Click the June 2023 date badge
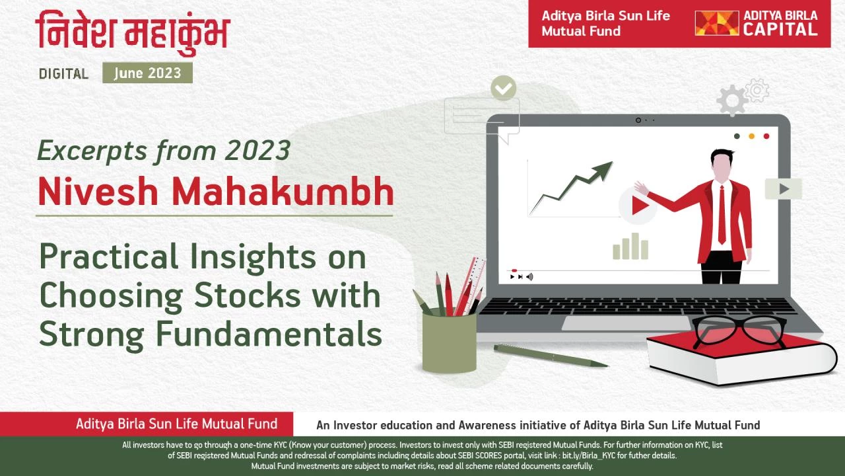tap(147, 73)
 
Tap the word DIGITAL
tap(64, 73)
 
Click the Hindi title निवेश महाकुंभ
tap(133, 33)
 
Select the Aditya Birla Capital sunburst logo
tap(717, 23)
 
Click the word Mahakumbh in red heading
tap(283, 191)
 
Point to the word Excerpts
tap(92, 151)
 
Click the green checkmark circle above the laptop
tap(504, 88)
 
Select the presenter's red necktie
tap(722, 215)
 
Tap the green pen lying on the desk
tap(551, 355)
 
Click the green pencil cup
tap(450, 342)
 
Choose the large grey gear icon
tap(732, 100)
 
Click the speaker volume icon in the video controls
tap(529, 277)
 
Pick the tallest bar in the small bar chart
tap(635, 246)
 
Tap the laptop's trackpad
tap(626, 323)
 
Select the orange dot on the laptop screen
tap(751, 136)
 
